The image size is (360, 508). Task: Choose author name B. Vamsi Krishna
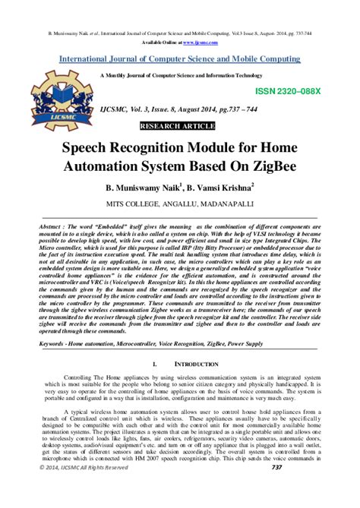pyautogui.click(x=219, y=187)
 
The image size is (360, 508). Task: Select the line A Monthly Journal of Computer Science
pyautogui.click(x=181, y=76)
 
